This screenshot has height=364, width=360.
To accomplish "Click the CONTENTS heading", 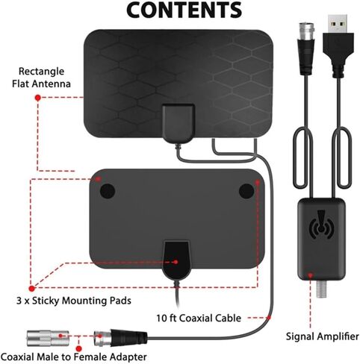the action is coord(184,10).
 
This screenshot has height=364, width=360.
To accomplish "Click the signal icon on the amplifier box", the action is coord(322,225).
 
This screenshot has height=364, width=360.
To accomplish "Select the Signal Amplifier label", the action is coord(322,336).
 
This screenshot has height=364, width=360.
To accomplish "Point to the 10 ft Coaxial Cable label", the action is coord(199,318).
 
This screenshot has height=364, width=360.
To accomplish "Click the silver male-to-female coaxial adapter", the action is coord(48,338).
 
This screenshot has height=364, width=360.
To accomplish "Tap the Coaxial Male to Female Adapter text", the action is coord(74,357).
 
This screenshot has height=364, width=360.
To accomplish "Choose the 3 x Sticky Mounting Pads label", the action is coord(74,301).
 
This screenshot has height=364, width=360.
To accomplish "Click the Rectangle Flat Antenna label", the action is coord(41,78).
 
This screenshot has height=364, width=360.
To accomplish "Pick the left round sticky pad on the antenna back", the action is coord(108,191).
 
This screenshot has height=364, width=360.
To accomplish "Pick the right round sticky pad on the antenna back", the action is coord(246,191).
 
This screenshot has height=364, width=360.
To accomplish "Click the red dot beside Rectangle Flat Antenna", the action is coord(38,98).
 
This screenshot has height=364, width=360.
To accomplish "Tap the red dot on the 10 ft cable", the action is coord(269,318).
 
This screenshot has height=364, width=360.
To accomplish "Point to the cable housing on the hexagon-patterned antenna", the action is coord(179,124).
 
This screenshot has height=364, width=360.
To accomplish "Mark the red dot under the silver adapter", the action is coord(79,348).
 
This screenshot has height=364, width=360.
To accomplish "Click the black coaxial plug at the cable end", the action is coord(121,338).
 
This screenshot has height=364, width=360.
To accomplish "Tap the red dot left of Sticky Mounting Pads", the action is coord(31,289).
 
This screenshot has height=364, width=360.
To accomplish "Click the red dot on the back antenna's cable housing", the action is coord(176,262).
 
